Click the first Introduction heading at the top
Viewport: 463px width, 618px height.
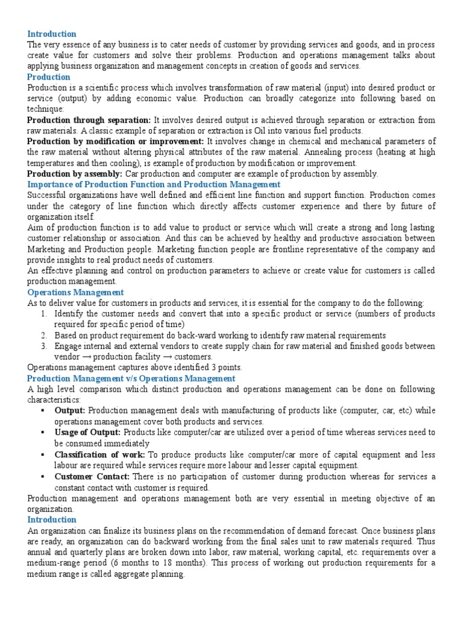tap(52, 34)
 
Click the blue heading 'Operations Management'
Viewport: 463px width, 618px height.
tap(75, 292)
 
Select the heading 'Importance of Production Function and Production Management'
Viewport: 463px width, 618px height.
tap(154, 184)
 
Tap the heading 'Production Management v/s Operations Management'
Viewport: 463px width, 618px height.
tap(131, 378)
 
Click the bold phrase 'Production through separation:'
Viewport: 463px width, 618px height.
tap(89, 120)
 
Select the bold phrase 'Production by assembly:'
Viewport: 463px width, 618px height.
tap(75, 174)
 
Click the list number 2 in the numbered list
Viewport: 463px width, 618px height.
tap(44, 336)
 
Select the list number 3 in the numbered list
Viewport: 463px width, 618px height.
tap(44, 346)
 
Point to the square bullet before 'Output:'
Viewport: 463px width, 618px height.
tap(44, 410)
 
